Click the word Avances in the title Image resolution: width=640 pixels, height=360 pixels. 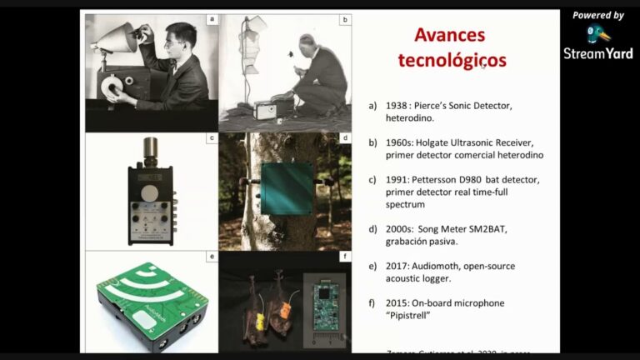click(450, 36)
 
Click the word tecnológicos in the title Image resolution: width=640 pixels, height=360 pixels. click(451, 60)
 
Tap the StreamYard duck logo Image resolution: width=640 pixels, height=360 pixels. click(597, 34)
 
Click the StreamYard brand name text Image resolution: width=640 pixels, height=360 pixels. click(597, 54)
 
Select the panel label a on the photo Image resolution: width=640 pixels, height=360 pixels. click(212, 18)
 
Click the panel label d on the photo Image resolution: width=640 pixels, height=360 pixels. click(344, 137)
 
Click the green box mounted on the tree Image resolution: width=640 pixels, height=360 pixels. click(287, 188)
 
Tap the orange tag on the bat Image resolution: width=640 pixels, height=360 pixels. click(284, 311)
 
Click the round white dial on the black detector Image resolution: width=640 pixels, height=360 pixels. click(147, 192)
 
